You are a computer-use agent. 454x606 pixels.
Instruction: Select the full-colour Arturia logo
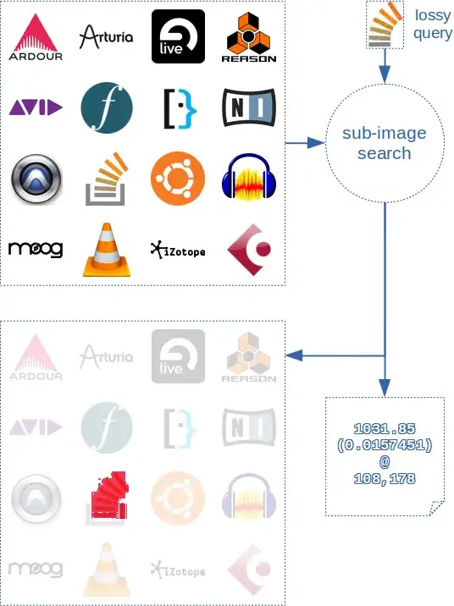(106, 36)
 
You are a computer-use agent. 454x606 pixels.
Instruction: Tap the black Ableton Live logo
(178, 36)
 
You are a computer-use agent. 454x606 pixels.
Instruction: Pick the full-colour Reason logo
(249, 36)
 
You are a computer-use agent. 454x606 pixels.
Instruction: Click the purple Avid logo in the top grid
(36, 107)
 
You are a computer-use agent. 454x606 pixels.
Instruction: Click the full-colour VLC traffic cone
(107, 250)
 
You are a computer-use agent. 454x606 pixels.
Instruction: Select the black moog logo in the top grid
(36, 250)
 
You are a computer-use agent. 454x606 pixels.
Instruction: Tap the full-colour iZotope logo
(178, 251)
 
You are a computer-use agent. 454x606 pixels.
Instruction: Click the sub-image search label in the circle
(385, 144)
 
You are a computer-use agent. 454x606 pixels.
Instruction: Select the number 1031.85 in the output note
(385, 429)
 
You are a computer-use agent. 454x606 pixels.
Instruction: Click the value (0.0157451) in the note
(385, 446)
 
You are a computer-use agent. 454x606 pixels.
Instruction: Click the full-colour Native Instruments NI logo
(249, 107)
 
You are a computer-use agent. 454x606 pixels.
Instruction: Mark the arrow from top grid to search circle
(305, 144)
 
